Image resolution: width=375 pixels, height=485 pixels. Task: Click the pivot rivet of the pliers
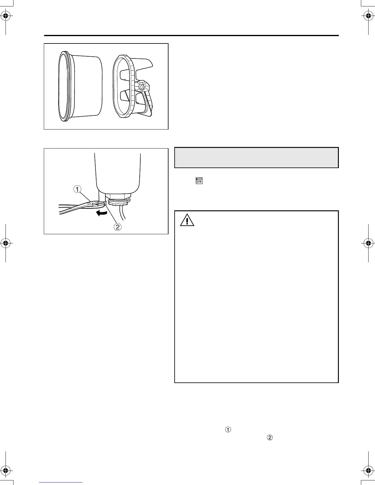(89, 202)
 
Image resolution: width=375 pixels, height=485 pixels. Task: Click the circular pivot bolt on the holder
(141, 87)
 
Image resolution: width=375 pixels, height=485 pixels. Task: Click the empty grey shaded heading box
(256, 158)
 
